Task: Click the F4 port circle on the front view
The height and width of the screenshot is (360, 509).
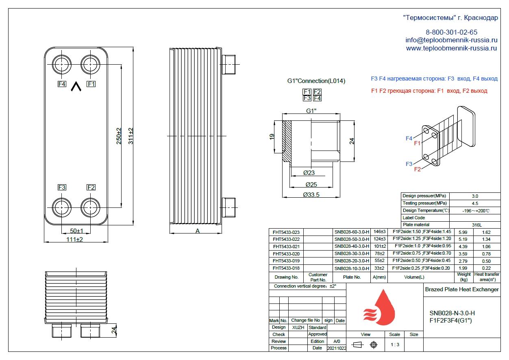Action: (x=52, y=65)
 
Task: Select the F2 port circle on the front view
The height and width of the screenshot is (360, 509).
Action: (x=80, y=207)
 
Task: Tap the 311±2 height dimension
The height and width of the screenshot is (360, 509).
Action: (x=131, y=136)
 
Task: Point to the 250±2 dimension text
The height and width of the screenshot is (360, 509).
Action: (x=119, y=136)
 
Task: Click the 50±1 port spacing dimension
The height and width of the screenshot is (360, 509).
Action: (x=76, y=231)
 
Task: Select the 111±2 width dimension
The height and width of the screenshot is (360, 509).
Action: (x=74, y=239)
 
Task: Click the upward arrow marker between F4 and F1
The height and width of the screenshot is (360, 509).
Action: (x=76, y=86)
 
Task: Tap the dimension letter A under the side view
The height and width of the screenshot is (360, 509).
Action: (x=198, y=231)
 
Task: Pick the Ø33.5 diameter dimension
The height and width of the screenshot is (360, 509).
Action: (x=311, y=195)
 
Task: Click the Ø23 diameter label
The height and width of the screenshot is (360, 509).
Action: (x=309, y=173)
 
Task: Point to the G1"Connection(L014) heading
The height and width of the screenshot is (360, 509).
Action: (x=316, y=81)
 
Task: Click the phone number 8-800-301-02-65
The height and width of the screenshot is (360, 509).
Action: (x=452, y=32)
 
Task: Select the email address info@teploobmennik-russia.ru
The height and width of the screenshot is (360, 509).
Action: (x=452, y=40)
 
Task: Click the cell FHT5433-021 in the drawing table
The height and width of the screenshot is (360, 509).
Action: (x=286, y=247)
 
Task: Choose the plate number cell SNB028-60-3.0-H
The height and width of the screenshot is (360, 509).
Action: (x=352, y=232)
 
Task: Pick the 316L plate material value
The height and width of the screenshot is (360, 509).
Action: (x=477, y=225)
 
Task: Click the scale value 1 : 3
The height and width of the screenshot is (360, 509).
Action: (x=395, y=345)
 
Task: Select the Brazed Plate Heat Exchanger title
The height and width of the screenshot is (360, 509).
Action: (x=462, y=290)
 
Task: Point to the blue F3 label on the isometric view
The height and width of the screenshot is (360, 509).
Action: (x=409, y=164)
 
